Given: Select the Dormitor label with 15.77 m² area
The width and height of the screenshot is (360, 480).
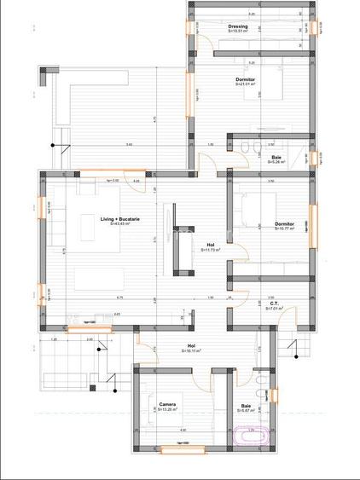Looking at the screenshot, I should [284, 224].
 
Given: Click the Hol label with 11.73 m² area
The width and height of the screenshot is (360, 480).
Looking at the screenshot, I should [211, 246].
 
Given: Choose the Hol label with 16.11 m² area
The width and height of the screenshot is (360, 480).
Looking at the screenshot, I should [191, 346].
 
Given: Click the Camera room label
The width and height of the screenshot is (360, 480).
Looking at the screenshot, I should [167, 404].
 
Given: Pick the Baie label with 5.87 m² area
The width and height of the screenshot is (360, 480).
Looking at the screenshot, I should [247, 405].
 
